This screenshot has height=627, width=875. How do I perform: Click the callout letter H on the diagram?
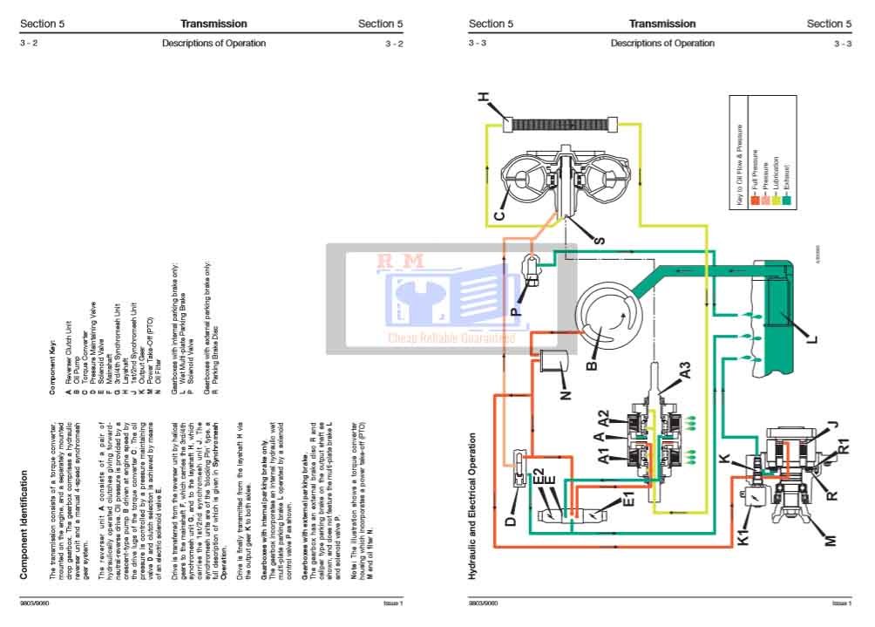[485, 99]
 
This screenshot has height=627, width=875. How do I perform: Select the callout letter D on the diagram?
[511, 521]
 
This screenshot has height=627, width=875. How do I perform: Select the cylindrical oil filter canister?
[555, 366]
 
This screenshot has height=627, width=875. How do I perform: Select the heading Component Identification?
[25, 526]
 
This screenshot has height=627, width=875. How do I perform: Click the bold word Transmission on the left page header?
[214, 24]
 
